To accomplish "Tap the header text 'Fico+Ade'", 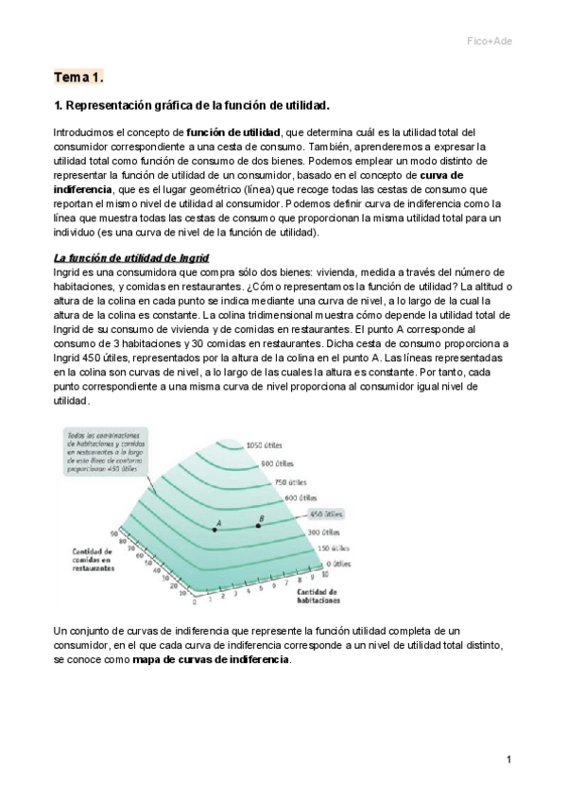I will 491,41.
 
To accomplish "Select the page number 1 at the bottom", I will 508,759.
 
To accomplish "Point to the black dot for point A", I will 215,530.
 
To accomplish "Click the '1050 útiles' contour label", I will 266,445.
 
